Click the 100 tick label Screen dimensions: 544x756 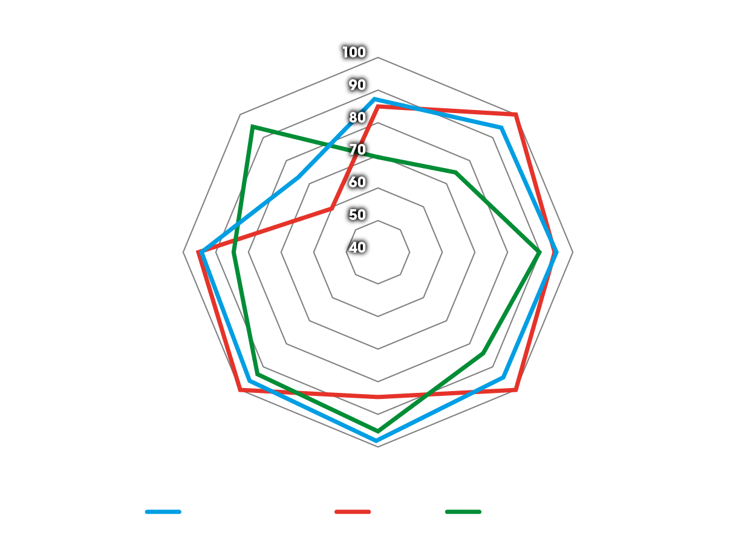[x=354, y=53]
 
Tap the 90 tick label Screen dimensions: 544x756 [x=357, y=85]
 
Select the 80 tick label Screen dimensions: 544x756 [x=357, y=117]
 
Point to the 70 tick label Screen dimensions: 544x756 [x=357, y=149]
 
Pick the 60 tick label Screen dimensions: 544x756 [x=357, y=182]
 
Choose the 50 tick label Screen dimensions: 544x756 [x=357, y=215]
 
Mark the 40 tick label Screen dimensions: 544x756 [x=357, y=247]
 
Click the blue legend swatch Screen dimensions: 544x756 [x=163, y=512]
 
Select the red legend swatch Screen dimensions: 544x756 [x=353, y=512]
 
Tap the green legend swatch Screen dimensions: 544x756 [x=463, y=512]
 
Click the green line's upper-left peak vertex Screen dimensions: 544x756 [x=252, y=126]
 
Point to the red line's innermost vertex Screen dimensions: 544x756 [x=331, y=209]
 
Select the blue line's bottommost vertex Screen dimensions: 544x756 [x=377, y=441]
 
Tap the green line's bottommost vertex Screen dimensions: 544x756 [x=378, y=431]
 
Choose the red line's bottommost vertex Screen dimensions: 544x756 [x=378, y=397]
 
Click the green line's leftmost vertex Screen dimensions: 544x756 [x=233, y=253]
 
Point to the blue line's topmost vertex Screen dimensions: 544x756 [x=375, y=99]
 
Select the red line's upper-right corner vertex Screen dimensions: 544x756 [x=515, y=114]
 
